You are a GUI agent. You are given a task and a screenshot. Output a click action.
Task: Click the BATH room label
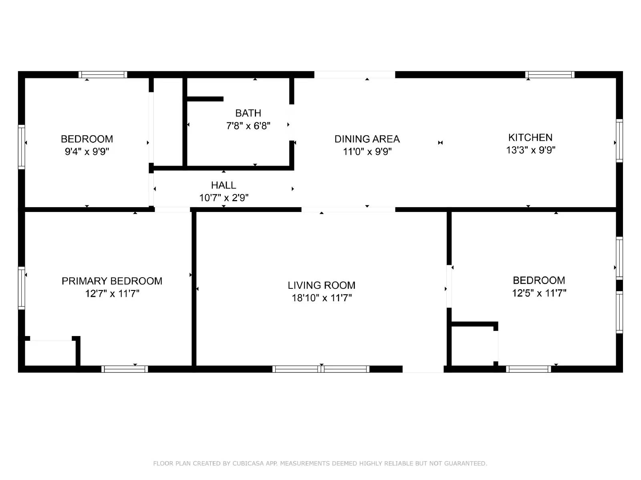[248, 113]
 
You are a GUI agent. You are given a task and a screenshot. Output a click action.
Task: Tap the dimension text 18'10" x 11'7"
[322, 298]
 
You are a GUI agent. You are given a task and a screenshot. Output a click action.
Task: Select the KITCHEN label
[530, 138]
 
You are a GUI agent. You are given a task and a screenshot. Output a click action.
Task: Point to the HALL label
[224, 185]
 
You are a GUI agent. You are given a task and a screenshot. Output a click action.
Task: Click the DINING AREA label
[367, 139]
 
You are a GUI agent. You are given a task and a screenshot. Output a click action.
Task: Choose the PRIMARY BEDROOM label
[112, 281]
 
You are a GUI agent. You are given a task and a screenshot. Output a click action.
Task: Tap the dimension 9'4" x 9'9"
[87, 152]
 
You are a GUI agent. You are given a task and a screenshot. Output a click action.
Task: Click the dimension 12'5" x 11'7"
[539, 293]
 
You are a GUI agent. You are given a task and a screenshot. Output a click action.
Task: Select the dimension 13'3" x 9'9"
[530, 150]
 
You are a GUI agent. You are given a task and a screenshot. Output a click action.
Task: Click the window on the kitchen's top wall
[550, 75]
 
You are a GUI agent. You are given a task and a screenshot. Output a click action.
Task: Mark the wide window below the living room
[321, 369]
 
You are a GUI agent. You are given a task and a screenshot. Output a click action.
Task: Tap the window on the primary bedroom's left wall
[22, 288]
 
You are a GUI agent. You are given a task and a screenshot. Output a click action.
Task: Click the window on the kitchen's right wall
[619, 140]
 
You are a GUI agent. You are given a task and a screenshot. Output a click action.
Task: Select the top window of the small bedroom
[103, 75]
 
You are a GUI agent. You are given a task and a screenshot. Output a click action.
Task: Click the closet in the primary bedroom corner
[50, 353]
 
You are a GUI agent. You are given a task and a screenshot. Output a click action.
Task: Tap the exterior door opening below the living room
[423, 369]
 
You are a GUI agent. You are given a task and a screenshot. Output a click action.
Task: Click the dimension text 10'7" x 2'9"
[224, 198]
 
